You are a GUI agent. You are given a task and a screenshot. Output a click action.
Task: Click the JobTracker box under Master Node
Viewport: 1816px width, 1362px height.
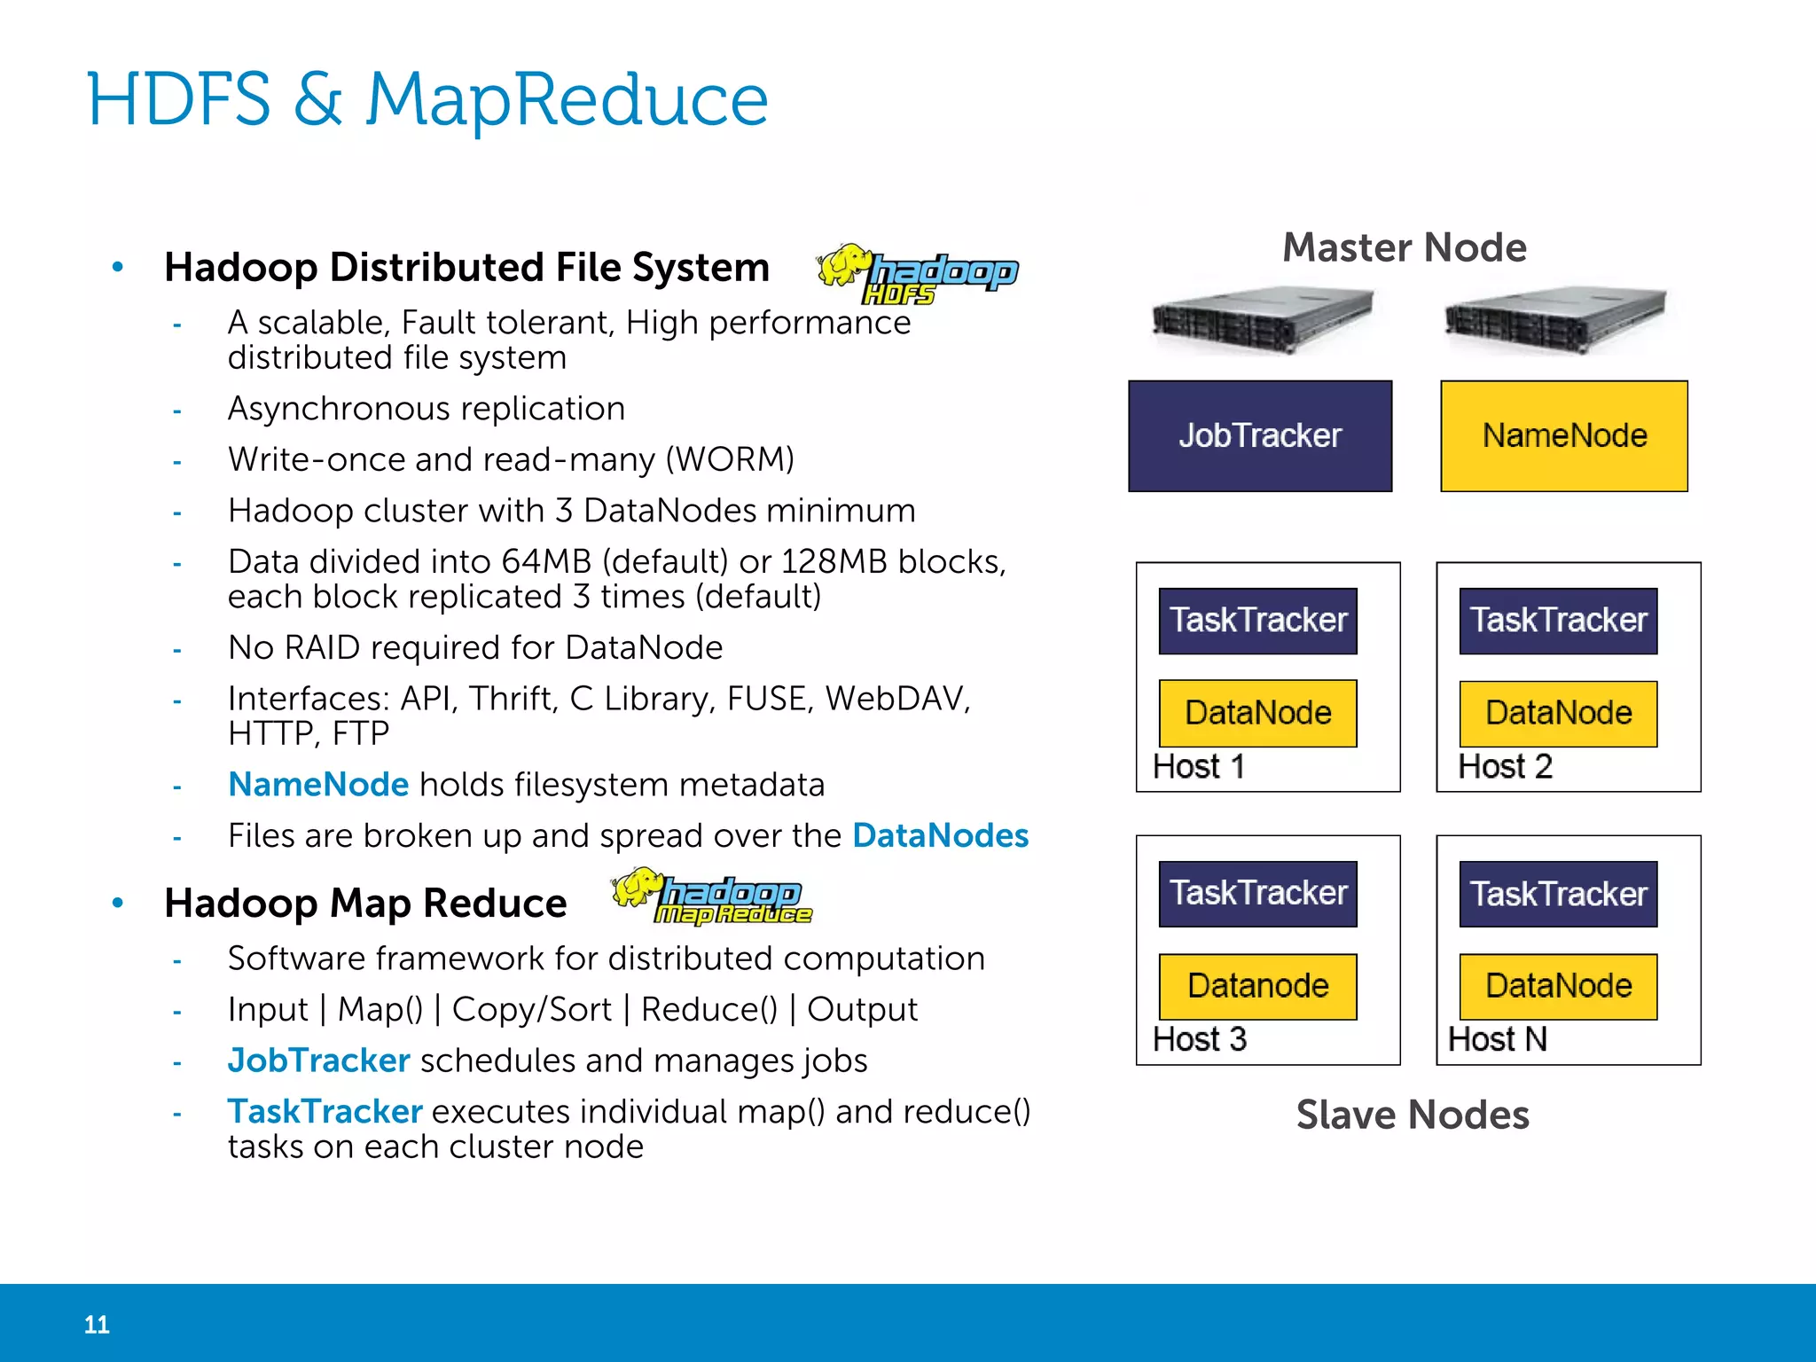click(1259, 436)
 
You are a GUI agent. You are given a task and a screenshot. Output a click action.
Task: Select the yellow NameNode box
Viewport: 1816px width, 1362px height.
click(1563, 436)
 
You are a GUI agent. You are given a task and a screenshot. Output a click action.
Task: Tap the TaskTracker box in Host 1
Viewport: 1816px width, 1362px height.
click(1257, 621)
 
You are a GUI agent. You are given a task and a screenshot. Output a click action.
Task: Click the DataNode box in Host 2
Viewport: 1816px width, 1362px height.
click(1558, 714)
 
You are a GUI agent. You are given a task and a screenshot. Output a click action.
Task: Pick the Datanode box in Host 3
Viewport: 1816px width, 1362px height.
click(1257, 986)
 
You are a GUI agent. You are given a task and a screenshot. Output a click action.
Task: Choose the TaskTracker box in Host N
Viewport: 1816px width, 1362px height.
click(1558, 894)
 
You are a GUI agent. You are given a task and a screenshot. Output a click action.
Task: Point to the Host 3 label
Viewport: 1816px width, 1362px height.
click(1199, 1039)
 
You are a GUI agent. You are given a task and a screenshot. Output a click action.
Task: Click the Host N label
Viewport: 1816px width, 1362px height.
click(1497, 1039)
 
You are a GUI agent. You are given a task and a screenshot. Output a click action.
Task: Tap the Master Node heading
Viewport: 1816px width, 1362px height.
click(1405, 247)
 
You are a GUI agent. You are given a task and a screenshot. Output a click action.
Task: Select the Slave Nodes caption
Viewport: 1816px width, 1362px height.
click(1413, 1115)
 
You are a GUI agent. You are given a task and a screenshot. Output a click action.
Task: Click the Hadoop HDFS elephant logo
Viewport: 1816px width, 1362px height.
click(917, 275)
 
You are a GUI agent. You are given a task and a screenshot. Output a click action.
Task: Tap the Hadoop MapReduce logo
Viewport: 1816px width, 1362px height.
click(711, 896)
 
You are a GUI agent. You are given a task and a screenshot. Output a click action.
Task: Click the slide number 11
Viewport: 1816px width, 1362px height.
click(97, 1325)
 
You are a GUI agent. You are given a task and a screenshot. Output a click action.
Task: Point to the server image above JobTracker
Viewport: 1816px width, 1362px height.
click(1262, 320)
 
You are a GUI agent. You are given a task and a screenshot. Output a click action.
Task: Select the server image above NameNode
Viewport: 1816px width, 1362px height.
click(1554, 320)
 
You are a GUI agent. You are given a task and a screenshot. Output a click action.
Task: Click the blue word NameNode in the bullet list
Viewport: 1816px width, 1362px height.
click(317, 785)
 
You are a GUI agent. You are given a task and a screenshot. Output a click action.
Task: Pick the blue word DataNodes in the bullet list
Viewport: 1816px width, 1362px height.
click(940, 835)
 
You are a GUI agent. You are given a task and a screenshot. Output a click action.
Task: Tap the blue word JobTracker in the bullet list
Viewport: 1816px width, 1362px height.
click(318, 1061)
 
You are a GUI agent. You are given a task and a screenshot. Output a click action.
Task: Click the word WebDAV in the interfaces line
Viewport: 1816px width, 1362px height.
click(896, 699)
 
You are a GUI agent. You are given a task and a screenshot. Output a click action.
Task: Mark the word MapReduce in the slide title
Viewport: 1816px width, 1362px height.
click(567, 99)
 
